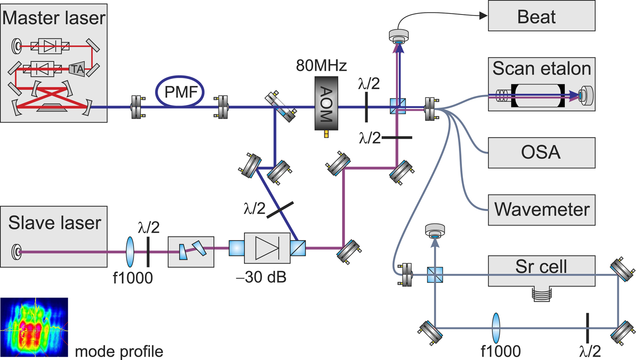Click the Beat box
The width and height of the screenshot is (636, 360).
point(541,16)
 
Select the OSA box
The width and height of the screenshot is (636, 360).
point(541,153)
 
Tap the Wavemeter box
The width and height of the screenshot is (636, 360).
point(541,210)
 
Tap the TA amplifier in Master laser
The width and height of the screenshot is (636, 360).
point(76,69)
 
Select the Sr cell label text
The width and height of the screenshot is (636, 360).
point(541,266)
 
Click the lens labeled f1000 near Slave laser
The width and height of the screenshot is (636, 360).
point(130,251)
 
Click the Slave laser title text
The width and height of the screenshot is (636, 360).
point(55,223)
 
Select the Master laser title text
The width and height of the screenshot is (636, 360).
point(54,19)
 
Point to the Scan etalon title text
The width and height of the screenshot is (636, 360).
point(542,68)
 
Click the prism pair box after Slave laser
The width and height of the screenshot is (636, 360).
point(190,248)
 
